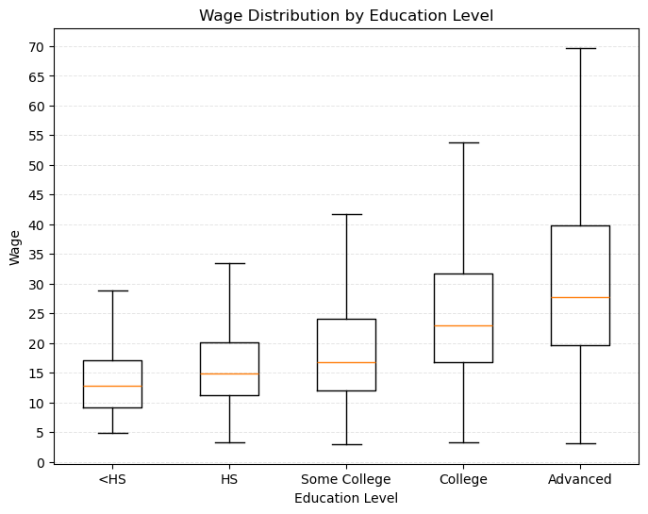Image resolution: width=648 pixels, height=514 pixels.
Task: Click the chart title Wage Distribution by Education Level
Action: point(346,15)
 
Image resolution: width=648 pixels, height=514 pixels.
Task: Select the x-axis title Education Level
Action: point(346,498)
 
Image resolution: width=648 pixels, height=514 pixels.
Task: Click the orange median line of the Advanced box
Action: point(580,297)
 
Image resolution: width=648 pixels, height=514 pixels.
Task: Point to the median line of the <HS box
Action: point(112,386)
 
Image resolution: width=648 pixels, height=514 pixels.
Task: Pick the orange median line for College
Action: point(463,325)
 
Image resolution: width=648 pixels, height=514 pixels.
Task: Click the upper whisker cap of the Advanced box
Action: point(580,48)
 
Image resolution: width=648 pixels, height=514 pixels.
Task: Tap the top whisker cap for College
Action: point(463,142)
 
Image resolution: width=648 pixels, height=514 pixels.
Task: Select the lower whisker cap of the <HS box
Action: point(112,433)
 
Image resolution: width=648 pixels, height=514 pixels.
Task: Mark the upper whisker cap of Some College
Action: point(346,214)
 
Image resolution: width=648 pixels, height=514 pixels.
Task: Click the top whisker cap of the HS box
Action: point(229,263)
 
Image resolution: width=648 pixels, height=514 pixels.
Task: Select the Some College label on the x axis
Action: point(346,479)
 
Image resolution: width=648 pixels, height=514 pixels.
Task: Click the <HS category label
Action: point(112,479)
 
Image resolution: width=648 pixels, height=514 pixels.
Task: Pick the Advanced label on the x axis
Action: point(580,479)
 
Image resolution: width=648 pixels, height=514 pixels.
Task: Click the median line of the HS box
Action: point(229,373)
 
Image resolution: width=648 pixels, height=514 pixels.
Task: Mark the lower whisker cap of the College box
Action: point(463,442)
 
